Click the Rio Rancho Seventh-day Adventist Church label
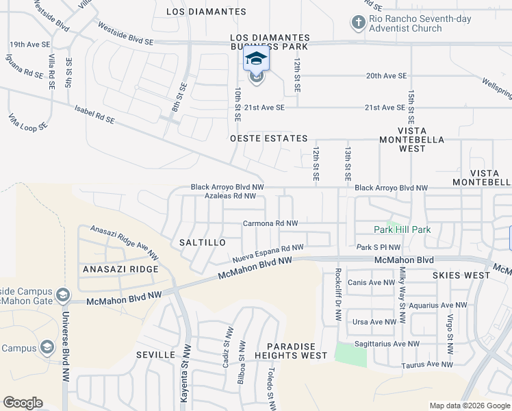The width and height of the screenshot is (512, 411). [x=420, y=23]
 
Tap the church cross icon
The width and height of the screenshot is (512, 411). [x=357, y=23]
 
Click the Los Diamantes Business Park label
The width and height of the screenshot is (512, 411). [x=270, y=42]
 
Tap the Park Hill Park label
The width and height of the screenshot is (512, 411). [x=402, y=229]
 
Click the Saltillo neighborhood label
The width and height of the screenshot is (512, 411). [x=201, y=242]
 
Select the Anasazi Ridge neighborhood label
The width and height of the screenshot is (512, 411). [x=120, y=269]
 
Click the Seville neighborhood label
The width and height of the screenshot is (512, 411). [x=152, y=356]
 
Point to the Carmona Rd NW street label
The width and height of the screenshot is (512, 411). [x=270, y=223]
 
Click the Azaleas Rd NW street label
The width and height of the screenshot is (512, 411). [x=230, y=196]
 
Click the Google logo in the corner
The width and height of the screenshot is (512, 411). [x=23, y=403]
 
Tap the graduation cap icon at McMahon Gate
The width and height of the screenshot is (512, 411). [x=63, y=295]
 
